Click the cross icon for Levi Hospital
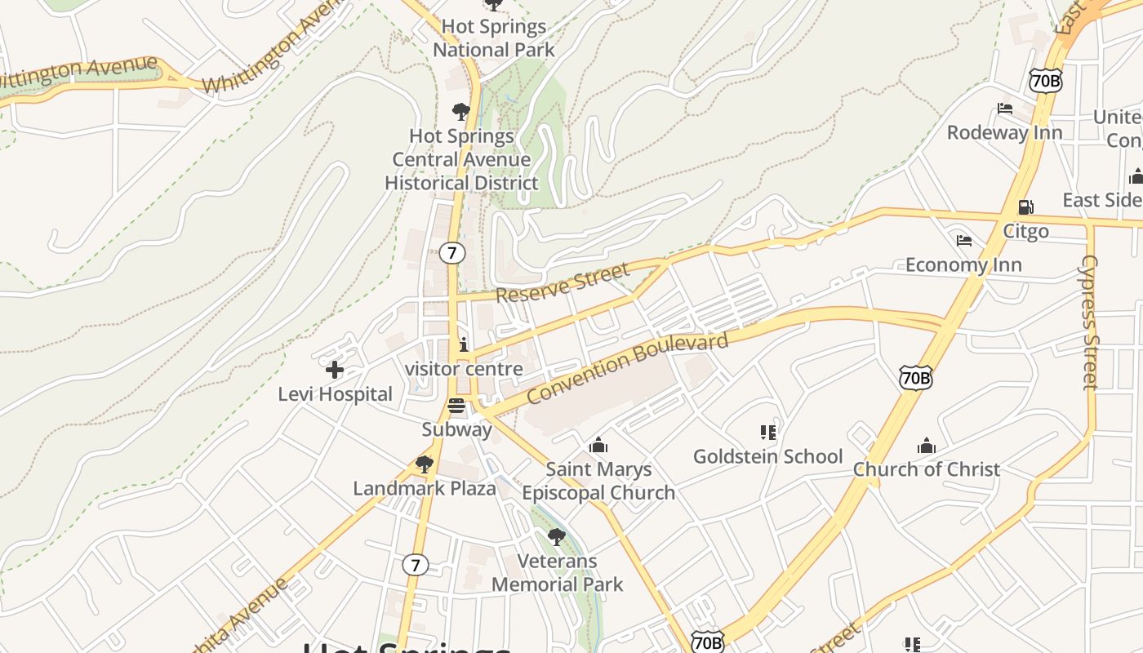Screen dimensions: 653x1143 tap(334, 370)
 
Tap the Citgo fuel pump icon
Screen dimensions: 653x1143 tap(1025, 207)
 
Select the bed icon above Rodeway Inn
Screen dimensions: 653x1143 tap(1005, 109)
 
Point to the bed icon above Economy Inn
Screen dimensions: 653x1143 tap(964, 241)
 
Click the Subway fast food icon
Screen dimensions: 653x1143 tap(456, 405)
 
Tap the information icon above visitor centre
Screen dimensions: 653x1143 tap(464, 344)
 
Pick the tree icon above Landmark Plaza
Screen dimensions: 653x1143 tap(424, 464)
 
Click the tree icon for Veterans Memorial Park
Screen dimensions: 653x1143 tap(557, 536)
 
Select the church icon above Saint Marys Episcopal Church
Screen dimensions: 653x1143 tap(598, 445)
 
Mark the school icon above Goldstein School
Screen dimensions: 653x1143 tap(767, 432)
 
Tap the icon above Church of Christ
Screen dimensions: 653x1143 tap(926, 446)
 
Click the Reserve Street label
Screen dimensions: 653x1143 tap(563, 282)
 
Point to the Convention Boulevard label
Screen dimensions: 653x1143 tap(627, 368)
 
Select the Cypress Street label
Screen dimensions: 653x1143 tap(1090, 322)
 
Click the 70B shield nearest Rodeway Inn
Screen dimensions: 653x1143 tap(1046, 80)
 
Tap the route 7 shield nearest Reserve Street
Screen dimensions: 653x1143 tap(451, 253)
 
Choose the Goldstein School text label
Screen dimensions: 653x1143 tap(767, 456)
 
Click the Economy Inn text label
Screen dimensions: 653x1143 tap(963, 265)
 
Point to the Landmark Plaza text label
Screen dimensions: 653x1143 tap(425, 489)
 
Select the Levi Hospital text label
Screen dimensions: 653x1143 tap(335, 394)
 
